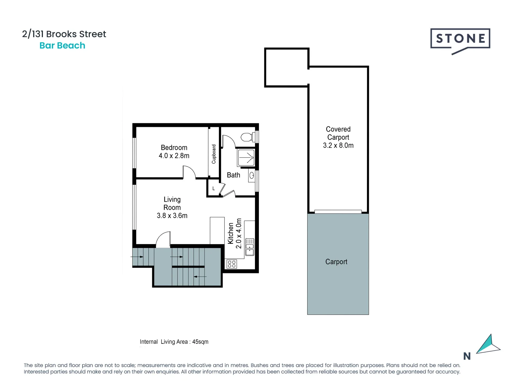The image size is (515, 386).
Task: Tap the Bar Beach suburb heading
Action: click(x=62, y=45)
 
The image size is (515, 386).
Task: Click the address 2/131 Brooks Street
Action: click(x=64, y=34)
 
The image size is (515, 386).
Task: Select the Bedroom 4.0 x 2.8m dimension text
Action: click(x=174, y=156)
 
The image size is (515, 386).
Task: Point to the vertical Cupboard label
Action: click(x=214, y=154)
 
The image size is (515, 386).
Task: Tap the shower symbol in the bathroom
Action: click(x=246, y=158)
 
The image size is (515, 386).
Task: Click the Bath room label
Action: click(x=233, y=175)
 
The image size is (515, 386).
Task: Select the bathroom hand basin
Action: click(x=252, y=175)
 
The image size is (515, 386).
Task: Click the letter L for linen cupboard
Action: click(x=214, y=188)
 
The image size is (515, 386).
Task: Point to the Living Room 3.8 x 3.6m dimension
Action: click(x=172, y=216)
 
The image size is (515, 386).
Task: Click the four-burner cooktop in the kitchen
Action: click(x=232, y=264)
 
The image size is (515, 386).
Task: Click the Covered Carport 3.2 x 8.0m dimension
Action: click(x=338, y=145)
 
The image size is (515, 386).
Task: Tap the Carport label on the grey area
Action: click(x=336, y=262)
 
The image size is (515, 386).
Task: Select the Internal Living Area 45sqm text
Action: click(x=174, y=342)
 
